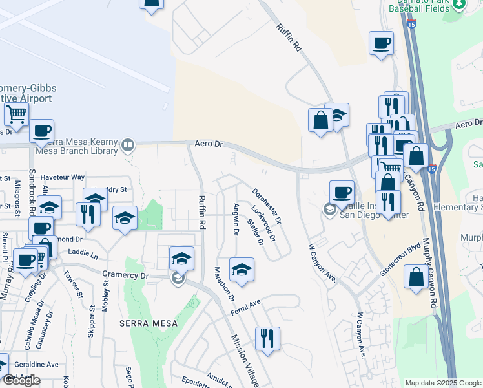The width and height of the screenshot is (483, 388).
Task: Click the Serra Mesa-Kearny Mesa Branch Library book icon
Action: (128, 145)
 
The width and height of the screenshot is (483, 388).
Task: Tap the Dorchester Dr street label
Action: (267, 206)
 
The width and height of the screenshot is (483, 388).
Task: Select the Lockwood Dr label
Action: (263, 223)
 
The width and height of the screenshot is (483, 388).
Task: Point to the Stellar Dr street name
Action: (256, 233)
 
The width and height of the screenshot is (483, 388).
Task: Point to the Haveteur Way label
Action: (63, 177)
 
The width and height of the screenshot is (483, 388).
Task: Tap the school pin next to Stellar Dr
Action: (241, 270)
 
